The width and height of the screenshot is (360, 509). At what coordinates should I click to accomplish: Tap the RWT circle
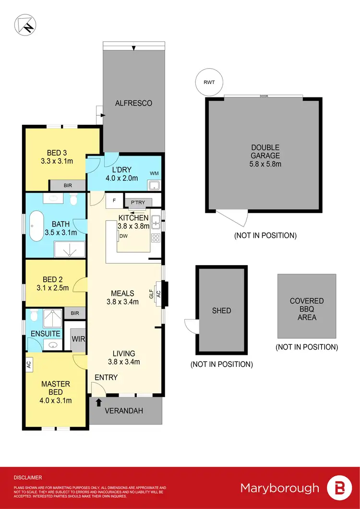(x=209, y=82)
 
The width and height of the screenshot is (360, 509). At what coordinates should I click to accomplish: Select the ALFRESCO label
(x=133, y=103)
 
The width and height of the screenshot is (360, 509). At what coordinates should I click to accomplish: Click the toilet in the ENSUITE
(x=33, y=315)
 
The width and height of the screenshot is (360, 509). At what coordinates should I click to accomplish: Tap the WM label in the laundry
(x=154, y=172)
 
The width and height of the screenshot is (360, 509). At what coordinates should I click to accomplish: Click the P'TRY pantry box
(x=138, y=202)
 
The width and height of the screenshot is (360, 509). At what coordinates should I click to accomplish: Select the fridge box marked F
(x=114, y=201)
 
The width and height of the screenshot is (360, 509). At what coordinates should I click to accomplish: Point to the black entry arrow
(x=99, y=389)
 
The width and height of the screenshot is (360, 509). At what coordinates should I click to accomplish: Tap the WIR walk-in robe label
(x=78, y=339)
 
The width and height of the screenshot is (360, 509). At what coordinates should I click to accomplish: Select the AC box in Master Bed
(x=28, y=364)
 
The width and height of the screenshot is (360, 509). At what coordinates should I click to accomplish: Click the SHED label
(x=221, y=311)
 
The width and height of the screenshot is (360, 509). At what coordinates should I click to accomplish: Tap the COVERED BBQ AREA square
(x=307, y=306)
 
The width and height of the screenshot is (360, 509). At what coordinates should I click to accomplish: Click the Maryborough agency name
(x=279, y=488)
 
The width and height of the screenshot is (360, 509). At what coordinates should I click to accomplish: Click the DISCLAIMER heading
(x=28, y=478)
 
